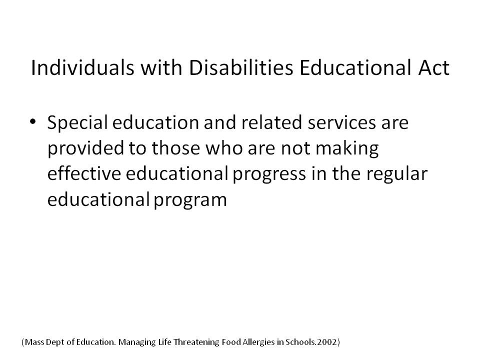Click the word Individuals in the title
[x=82, y=67]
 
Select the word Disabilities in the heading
[x=241, y=67]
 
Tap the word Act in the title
[x=433, y=67]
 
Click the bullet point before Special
[x=33, y=121]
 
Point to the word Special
[x=77, y=122]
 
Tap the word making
[x=347, y=148]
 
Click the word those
[x=175, y=148]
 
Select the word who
[x=224, y=148]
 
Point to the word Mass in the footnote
[x=34, y=342]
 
